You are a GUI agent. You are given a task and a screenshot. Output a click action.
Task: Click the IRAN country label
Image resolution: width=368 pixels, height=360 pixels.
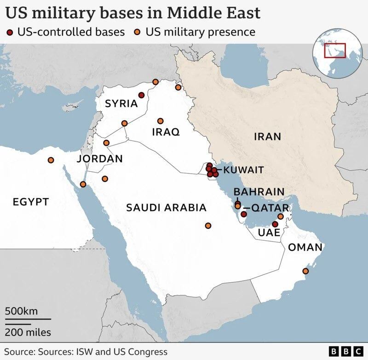coord(267,136)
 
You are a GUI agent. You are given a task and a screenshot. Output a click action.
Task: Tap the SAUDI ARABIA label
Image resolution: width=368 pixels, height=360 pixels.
coord(166,208)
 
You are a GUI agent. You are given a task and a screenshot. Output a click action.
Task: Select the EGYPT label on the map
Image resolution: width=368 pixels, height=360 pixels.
coord(31,202)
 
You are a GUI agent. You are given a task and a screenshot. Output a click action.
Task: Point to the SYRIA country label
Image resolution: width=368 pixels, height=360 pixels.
coord(121,104)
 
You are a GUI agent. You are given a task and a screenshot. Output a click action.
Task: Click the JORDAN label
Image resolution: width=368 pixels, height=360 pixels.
coord(100,159)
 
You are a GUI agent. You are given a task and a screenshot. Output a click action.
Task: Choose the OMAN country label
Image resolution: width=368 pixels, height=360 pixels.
coord(305,247)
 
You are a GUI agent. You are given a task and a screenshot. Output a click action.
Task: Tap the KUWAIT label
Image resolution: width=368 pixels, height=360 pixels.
coord(244,170)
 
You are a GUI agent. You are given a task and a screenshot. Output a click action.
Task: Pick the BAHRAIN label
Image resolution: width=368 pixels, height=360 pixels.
coord(259,192)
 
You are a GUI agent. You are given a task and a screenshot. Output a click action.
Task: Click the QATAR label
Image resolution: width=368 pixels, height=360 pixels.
coord(270,208)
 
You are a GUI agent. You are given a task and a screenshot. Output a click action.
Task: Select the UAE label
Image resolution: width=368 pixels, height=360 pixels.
coord(269,232)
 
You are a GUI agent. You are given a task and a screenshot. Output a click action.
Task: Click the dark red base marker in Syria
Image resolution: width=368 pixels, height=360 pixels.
coord(141,95)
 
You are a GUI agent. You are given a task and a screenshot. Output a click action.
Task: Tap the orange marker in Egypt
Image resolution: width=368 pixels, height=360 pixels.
coord(51,160)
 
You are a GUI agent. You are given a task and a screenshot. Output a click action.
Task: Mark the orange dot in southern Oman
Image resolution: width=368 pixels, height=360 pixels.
coord(305,271)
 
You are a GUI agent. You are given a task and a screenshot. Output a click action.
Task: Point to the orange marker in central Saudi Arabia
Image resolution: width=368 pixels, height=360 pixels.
coord(208,226)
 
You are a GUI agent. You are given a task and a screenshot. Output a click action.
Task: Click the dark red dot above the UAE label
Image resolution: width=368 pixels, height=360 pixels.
coord(275,224)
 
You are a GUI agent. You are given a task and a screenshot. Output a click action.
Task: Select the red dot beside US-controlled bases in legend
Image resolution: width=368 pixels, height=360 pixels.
coord(10,32)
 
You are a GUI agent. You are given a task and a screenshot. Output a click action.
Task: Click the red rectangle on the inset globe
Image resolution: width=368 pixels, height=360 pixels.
coord(334,50)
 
